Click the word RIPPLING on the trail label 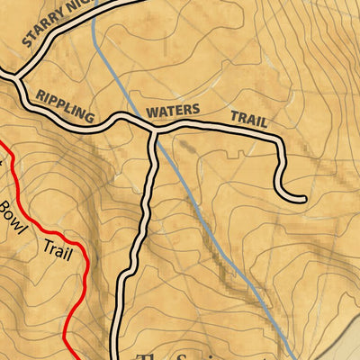pos(65,104)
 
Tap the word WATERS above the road pos(173,113)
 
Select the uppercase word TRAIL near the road pos(249,119)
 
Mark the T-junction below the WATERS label pos(155,134)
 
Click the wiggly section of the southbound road pos(141,225)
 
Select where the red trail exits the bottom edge pos(73,357)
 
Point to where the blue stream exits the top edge pos(92,3)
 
